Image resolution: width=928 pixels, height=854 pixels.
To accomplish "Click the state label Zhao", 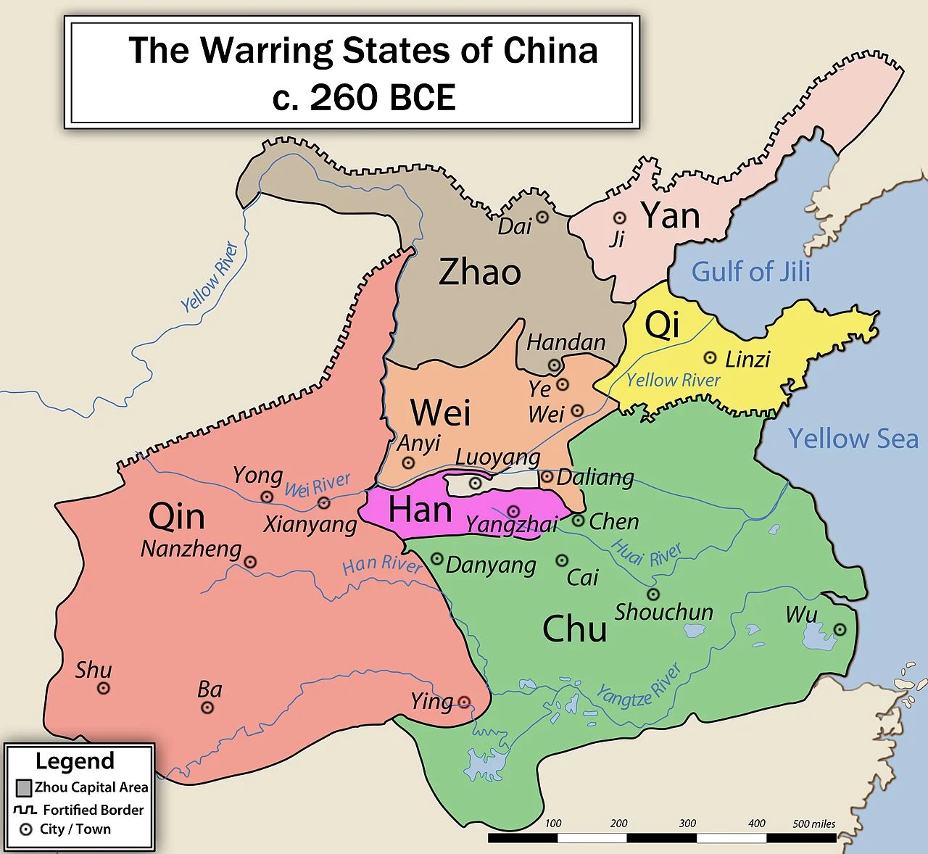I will pyautogui.click(x=480, y=273).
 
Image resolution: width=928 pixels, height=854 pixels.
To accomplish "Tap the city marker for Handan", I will pyautogui.click(x=555, y=365).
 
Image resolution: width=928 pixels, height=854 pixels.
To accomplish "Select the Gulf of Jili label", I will pyautogui.click(x=750, y=272).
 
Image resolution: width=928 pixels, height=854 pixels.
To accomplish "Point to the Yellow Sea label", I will pyautogui.click(x=853, y=439).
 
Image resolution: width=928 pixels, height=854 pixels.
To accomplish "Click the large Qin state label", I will pyautogui.click(x=176, y=517).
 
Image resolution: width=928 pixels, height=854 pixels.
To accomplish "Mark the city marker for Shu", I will pyautogui.click(x=104, y=688).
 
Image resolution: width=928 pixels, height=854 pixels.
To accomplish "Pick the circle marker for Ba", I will pyautogui.click(x=207, y=708).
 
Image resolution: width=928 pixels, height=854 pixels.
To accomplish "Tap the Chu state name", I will pyautogui.click(x=574, y=629).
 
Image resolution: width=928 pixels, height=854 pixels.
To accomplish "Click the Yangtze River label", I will pyautogui.click(x=638, y=686).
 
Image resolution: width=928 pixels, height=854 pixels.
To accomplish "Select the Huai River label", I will pyautogui.click(x=647, y=554).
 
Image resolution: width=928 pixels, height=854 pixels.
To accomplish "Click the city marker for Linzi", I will pyautogui.click(x=710, y=358).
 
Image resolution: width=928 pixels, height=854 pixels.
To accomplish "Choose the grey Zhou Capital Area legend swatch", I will pyautogui.click(x=24, y=788).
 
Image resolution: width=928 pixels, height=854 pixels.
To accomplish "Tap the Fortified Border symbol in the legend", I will pyautogui.click(x=25, y=809).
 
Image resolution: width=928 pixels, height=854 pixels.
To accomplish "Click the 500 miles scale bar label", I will pyautogui.click(x=813, y=824).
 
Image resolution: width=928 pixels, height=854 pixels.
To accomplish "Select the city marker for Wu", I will pyautogui.click(x=840, y=630).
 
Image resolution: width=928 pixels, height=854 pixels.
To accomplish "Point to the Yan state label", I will pyautogui.click(x=671, y=216).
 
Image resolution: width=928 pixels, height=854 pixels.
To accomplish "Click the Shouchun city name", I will pyautogui.click(x=664, y=612).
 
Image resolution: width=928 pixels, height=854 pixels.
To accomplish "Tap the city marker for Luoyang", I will pyautogui.click(x=475, y=483).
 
